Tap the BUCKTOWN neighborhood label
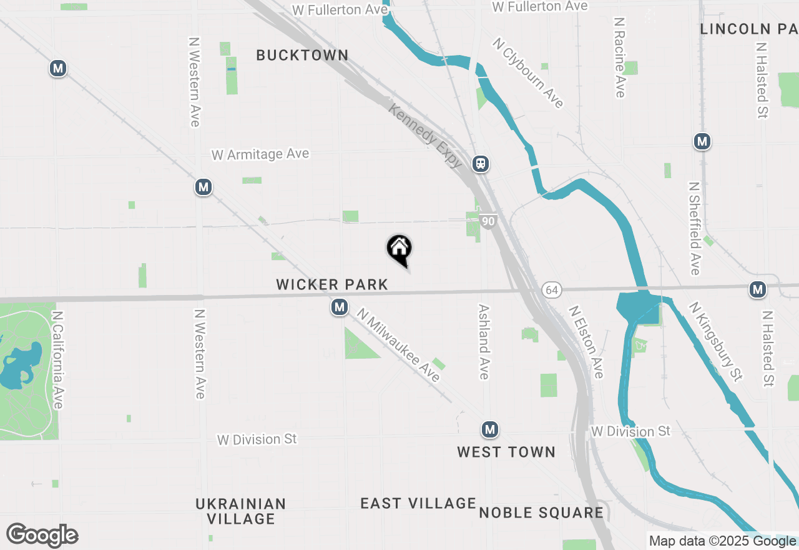pyautogui.click(x=302, y=55)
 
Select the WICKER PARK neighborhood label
pyautogui.click(x=332, y=285)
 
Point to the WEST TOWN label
pyautogui.click(x=506, y=452)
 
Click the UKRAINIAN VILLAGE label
pyautogui.click(x=241, y=511)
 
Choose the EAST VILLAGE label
pyautogui.click(x=418, y=503)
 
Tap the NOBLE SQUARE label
pyautogui.click(x=541, y=513)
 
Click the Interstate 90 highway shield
pyautogui.click(x=488, y=221)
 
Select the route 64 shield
pyautogui.click(x=551, y=290)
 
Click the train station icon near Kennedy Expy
pyautogui.click(x=480, y=164)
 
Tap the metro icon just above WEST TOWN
pyautogui.click(x=489, y=429)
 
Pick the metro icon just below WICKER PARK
pyautogui.click(x=340, y=307)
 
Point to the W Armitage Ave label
pyautogui.click(x=260, y=154)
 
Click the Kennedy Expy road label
pyautogui.click(x=426, y=136)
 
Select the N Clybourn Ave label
pyautogui.click(x=528, y=72)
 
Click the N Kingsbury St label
pyautogui.click(x=715, y=341)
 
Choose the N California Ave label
pyautogui.click(x=58, y=360)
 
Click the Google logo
pyautogui.click(x=42, y=536)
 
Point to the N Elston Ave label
pyautogui.click(x=586, y=341)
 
